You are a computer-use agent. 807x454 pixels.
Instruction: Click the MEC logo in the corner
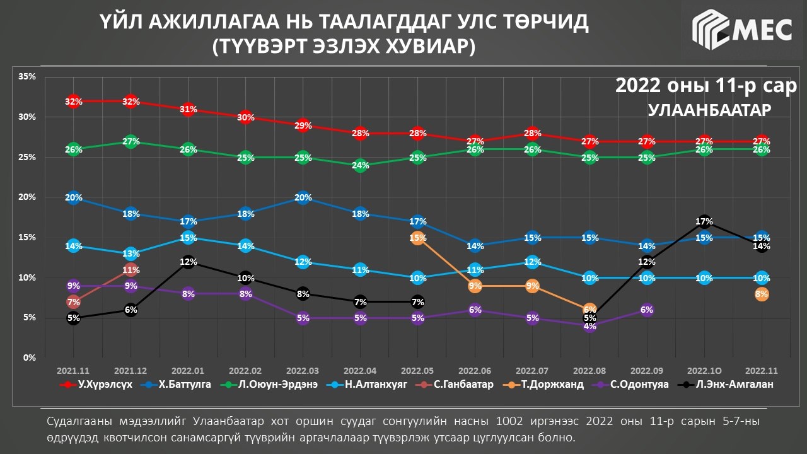point(742,29)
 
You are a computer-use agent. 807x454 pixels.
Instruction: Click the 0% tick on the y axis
point(29,358)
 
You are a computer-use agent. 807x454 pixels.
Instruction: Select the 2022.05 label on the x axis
point(417,370)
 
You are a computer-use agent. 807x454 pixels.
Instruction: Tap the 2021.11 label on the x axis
point(73,370)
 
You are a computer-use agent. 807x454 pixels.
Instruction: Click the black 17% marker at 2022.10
point(704,222)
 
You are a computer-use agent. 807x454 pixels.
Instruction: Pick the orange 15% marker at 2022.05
point(417,238)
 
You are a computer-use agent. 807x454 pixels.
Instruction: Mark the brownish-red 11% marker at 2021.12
point(131,270)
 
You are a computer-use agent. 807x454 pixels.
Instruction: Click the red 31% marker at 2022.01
point(188,109)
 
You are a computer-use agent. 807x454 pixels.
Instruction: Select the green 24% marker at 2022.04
point(360,166)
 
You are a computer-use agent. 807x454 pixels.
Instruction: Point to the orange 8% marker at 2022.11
point(761,294)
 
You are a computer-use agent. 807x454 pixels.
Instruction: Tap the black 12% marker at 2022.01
point(188,262)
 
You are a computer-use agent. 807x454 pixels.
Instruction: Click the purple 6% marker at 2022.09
point(646,310)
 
